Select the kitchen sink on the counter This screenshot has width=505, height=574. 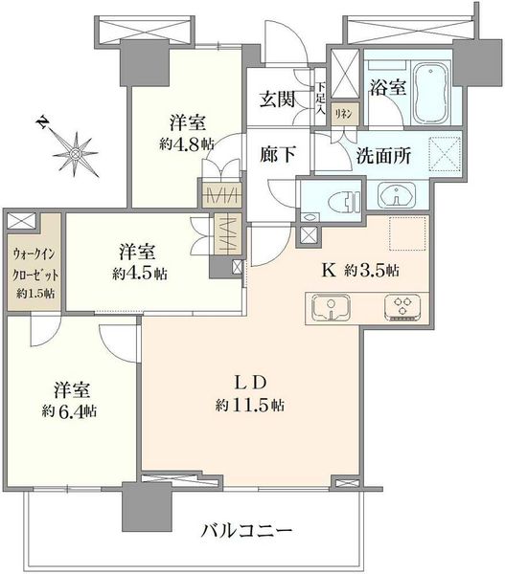click(331, 307)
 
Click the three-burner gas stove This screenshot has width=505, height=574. click(402, 307)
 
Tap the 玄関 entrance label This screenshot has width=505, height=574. click(277, 99)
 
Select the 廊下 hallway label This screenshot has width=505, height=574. click(278, 154)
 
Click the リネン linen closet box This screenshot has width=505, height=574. click(344, 114)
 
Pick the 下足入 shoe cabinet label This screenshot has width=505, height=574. click(320, 99)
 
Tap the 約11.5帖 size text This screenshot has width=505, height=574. click(249, 406)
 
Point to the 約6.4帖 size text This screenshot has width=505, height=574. click(69, 411)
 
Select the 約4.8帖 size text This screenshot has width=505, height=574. click(187, 144)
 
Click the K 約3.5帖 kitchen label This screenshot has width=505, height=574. click(360, 271)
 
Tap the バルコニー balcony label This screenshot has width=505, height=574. click(247, 530)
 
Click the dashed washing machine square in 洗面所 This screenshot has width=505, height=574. click(445, 154)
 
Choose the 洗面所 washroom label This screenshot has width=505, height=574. click(383, 156)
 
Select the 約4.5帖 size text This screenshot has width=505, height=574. click(140, 273)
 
